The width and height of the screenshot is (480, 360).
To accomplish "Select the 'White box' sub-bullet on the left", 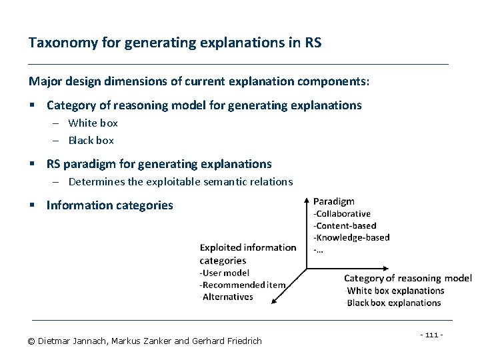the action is point(93,123).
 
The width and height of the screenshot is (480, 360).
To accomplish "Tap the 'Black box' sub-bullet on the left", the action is point(91,140).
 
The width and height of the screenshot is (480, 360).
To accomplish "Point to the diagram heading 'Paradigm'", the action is point(333,201).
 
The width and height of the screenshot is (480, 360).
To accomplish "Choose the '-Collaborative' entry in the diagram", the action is point(341,213).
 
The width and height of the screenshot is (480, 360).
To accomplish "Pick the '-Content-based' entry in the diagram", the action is point(344,225).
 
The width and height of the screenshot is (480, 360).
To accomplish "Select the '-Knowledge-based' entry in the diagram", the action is point(351,237).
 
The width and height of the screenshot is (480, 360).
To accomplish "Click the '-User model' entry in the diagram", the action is point(225,273).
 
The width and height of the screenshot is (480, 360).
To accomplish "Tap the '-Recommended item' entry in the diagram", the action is point(243,285).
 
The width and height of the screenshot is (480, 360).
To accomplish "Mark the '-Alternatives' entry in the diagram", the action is point(227,297).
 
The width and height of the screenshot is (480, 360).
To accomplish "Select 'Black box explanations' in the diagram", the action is point(393,303).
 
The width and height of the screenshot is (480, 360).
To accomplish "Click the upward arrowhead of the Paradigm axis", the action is point(306,200).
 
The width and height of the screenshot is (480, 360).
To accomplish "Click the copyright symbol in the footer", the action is point(31,341).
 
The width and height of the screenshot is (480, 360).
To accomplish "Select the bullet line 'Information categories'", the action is point(109,205).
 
